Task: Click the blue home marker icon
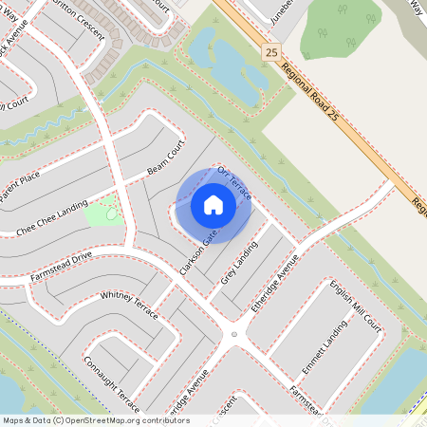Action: tap(213, 204)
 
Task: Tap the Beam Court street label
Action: tap(165, 161)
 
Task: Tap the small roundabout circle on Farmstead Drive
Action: tap(233, 334)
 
